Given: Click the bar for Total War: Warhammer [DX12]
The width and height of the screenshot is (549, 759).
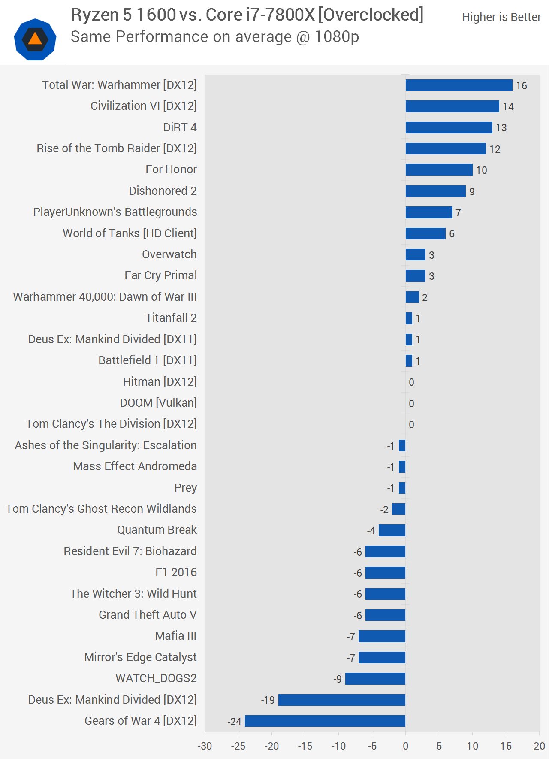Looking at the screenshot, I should [459, 85].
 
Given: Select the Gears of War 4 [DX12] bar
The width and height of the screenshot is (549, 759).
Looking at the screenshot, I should [325, 721].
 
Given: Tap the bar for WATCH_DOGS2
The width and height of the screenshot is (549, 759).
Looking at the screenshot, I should [375, 678].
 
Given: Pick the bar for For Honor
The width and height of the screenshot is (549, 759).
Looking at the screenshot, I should [439, 170].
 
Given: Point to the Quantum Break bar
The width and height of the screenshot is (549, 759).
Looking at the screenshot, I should [392, 530].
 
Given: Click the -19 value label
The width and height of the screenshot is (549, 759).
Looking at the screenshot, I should [268, 700].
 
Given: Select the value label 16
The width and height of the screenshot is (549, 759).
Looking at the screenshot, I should [522, 86].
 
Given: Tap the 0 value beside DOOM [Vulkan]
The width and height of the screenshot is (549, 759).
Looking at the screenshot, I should [411, 404].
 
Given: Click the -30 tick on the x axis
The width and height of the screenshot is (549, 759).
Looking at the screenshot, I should [205, 746].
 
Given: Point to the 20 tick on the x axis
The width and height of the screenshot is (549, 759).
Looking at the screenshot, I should [539, 746].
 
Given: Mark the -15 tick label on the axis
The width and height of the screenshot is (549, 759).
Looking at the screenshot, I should [305, 746].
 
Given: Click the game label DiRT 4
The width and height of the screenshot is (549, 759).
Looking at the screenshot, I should [180, 127].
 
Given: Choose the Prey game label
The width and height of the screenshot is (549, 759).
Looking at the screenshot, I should [185, 488].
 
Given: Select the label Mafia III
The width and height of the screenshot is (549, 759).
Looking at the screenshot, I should [176, 636].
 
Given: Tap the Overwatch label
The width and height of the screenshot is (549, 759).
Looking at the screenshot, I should [169, 254].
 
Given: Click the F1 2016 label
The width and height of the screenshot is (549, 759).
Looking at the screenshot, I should [176, 572].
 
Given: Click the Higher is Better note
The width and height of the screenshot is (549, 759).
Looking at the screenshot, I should [501, 17].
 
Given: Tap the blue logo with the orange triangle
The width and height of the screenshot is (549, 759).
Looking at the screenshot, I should [35, 39].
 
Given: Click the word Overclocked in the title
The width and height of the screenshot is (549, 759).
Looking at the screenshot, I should [371, 15].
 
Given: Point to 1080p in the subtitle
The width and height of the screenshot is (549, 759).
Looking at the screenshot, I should [337, 37].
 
